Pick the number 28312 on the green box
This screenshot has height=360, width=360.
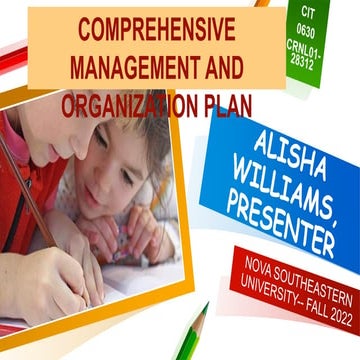tap(306, 62)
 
